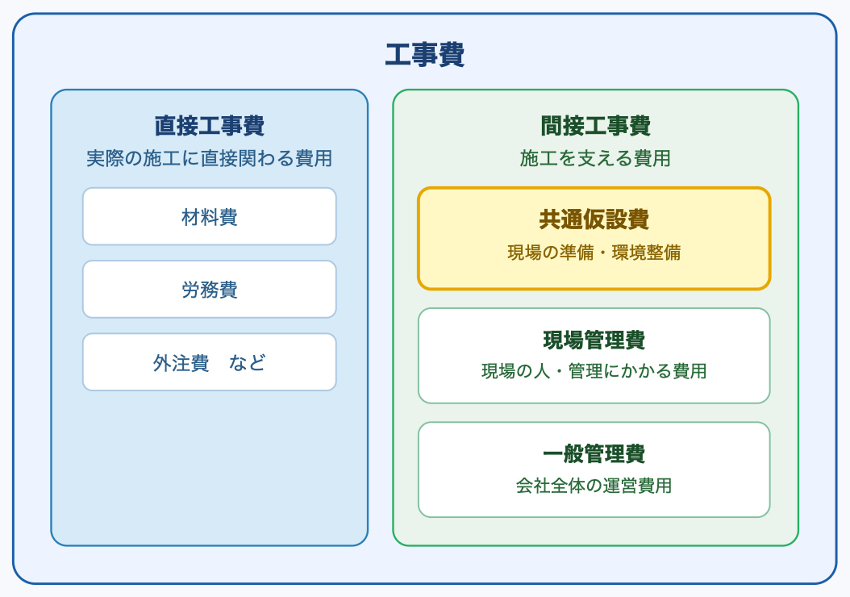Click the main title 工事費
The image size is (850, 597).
(x=424, y=56)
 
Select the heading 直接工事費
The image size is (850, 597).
(x=210, y=126)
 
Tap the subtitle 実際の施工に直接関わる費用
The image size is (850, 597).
(x=210, y=158)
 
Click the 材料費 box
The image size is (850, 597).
(x=210, y=216)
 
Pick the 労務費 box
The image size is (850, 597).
(x=210, y=289)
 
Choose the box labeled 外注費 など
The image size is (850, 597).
(x=210, y=362)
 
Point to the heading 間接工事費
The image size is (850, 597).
(x=595, y=126)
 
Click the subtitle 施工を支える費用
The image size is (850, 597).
(x=595, y=158)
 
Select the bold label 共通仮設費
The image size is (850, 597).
(x=594, y=219)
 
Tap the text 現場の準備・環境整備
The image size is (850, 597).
(x=594, y=253)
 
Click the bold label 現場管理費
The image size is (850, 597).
(x=594, y=340)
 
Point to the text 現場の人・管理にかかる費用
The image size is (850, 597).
(x=594, y=371)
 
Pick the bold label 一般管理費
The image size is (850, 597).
(x=594, y=453)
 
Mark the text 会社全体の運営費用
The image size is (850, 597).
(x=594, y=486)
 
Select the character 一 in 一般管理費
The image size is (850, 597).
(x=553, y=453)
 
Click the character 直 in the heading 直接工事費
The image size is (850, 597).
(x=165, y=126)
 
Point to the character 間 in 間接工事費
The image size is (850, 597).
(x=551, y=126)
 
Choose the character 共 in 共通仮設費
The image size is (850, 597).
(x=550, y=219)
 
